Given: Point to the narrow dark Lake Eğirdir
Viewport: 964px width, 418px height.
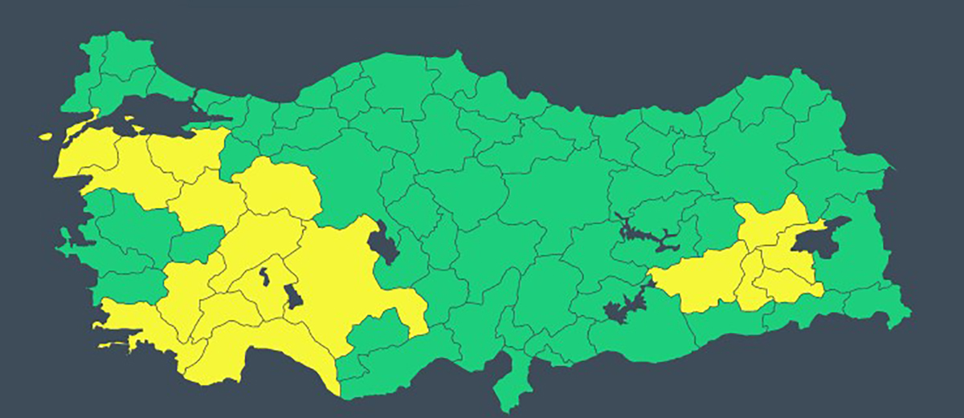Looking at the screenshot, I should [x=263, y=279].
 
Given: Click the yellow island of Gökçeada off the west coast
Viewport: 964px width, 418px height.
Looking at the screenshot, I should [x=47, y=137].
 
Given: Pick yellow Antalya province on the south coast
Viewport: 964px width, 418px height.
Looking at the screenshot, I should [x=265, y=353].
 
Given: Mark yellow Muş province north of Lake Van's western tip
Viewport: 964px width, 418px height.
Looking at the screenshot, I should [x=771, y=221].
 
